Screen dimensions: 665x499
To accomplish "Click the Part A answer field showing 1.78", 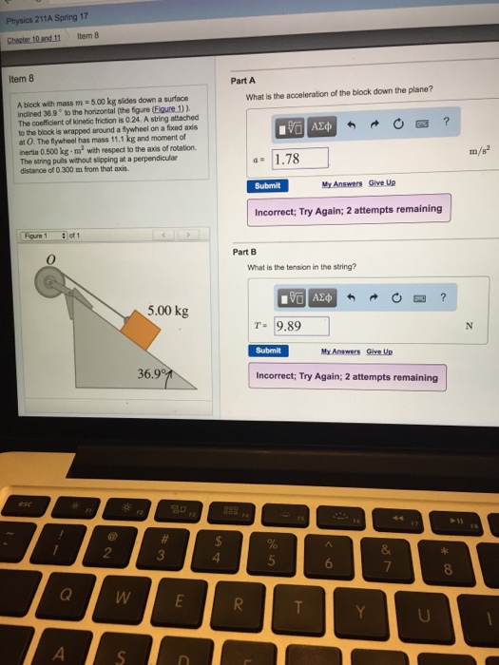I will (300, 158).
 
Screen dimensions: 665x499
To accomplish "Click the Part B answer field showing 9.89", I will (300, 327).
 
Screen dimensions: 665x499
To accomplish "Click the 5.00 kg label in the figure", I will (168, 311).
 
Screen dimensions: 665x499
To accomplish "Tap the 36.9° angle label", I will (151, 373).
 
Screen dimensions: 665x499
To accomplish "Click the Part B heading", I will (244, 252).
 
